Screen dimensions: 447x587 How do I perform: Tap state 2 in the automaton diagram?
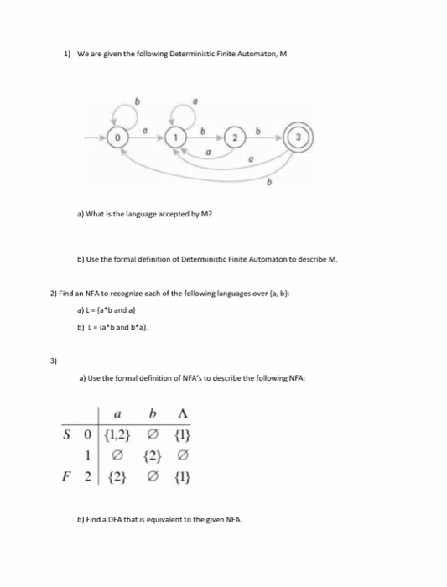coord(236,136)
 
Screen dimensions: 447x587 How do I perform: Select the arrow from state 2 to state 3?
coord(268,136)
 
